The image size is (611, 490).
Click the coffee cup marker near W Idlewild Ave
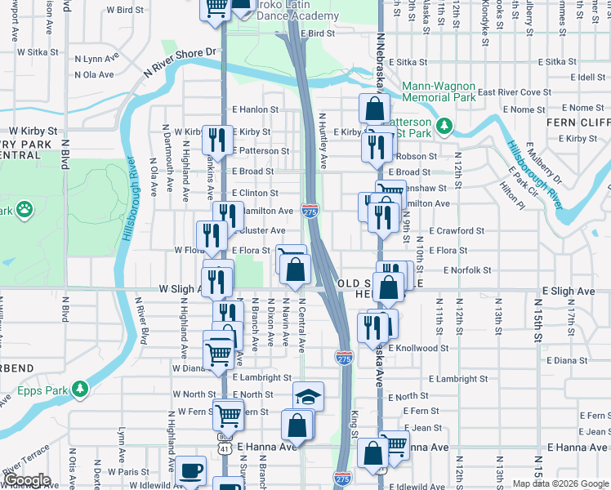(x=190, y=471)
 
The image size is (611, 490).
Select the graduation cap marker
(x=308, y=397)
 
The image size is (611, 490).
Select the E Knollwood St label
(x=418, y=348)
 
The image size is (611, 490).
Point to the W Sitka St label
(x=33, y=51)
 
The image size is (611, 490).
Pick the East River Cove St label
(x=515, y=92)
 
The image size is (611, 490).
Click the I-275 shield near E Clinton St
(x=310, y=211)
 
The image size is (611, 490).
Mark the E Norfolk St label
(x=470, y=269)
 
